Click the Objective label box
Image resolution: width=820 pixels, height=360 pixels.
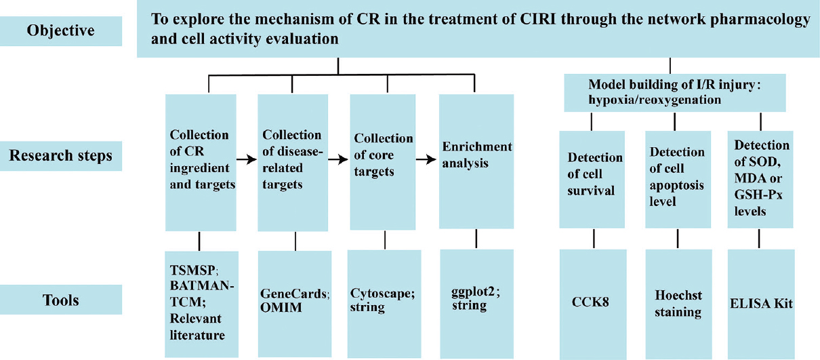(x=61, y=31)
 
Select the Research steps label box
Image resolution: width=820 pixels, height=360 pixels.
(x=61, y=156)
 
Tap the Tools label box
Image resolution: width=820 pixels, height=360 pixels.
(x=61, y=300)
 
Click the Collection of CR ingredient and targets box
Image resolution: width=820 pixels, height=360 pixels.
(x=201, y=163)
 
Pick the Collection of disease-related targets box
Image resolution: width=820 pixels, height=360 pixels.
(x=293, y=163)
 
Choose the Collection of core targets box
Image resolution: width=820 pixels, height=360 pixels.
(x=382, y=162)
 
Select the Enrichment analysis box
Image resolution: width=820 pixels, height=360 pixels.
(x=476, y=161)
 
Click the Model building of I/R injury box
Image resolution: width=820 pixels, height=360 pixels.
(x=675, y=93)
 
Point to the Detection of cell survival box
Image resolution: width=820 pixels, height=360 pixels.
(x=592, y=180)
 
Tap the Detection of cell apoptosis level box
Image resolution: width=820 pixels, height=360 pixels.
(x=678, y=180)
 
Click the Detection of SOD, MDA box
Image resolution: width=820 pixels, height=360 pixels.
(x=760, y=180)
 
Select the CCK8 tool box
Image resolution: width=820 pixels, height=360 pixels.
(x=593, y=304)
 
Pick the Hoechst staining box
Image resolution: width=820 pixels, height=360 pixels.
(x=678, y=304)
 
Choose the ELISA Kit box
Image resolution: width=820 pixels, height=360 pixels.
(x=761, y=304)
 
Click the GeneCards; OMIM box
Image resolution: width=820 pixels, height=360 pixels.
(x=295, y=304)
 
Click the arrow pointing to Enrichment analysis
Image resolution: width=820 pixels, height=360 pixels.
(x=426, y=159)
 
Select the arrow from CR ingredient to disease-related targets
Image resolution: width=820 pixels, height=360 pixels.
(x=247, y=159)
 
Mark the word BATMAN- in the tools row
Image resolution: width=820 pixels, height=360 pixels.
(x=202, y=285)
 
